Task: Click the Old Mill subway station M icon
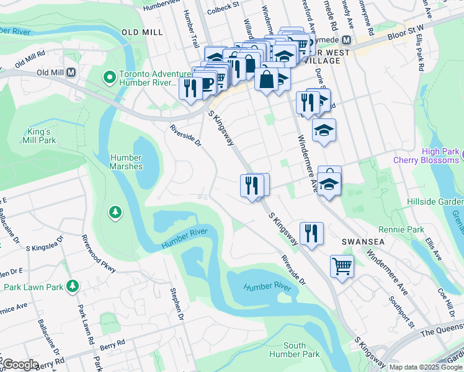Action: pyautogui.click(x=71, y=73)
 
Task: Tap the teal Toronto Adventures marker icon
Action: pyautogui.click(x=110, y=77)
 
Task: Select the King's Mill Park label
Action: pyautogui.click(x=42, y=136)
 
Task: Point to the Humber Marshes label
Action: pyautogui.click(x=126, y=162)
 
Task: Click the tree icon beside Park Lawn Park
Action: pyautogui.click(x=73, y=286)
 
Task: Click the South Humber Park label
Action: pyautogui.click(x=295, y=350)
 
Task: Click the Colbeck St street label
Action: pyautogui.click(x=223, y=6)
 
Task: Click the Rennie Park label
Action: pyautogui.click(x=406, y=229)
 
